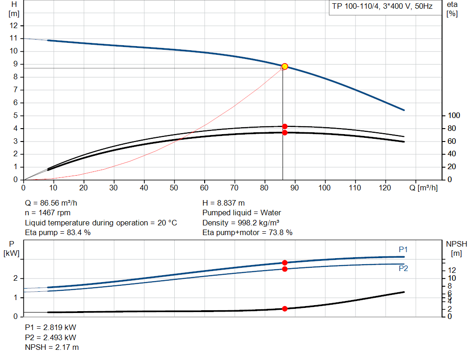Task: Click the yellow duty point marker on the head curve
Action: pos(285,66)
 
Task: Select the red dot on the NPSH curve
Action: pos(285,308)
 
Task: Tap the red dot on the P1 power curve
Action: pos(285,263)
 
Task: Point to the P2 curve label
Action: pos(403,268)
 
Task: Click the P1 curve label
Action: pos(403,249)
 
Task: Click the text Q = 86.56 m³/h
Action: pos(54,203)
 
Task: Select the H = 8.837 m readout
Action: pos(224,203)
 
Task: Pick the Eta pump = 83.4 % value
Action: pos(58,233)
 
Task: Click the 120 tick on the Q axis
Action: pos(385,188)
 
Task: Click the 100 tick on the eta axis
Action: pos(454,115)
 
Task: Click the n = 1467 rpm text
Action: pos(48,213)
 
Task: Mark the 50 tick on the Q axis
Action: pos(174,188)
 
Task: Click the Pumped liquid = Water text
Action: pos(242,213)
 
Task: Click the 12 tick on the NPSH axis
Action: pos(452,270)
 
